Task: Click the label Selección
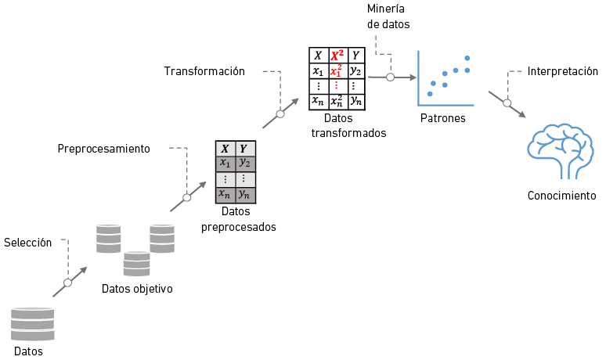tap(27, 243)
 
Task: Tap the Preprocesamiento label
tap(103, 149)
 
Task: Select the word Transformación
tap(204, 71)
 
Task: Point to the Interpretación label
tap(563, 71)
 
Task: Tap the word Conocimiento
tap(561, 196)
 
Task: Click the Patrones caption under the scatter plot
tap(443, 119)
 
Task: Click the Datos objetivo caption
tap(137, 289)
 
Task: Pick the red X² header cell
tap(337, 55)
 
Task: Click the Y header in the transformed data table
tap(355, 55)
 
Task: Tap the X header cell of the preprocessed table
tap(225, 149)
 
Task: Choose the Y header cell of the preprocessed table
tap(245, 149)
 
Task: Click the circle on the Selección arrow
tap(68, 283)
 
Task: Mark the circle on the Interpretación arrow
tap(507, 103)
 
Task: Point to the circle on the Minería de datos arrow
tap(390, 77)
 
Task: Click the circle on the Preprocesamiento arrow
tap(186, 197)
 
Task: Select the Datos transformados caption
tap(338, 126)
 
